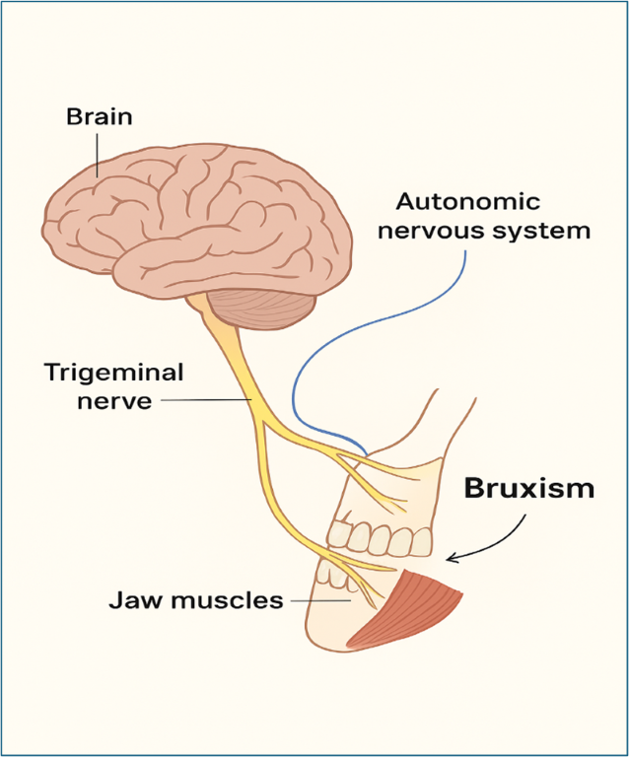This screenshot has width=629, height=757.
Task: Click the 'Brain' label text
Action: [x=99, y=117]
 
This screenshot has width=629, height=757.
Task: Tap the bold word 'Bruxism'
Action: [x=529, y=488]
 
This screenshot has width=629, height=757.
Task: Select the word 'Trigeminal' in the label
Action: [x=113, y=374]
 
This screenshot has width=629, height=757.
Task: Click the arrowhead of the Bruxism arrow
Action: [x=453, y=559]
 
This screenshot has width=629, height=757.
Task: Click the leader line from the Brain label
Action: [x=97, y=153]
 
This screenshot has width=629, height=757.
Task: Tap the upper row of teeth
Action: [x=380, y=538]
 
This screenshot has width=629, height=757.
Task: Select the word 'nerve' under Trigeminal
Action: [x=113, y=401]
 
